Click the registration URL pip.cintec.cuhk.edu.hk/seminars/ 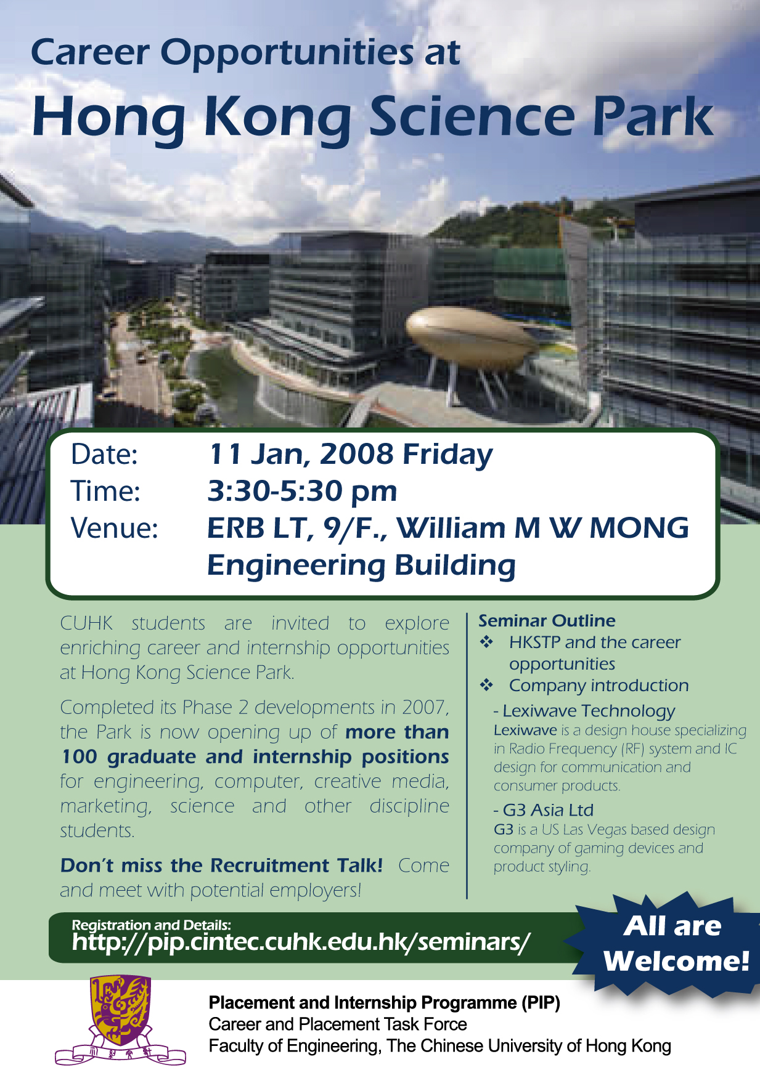pos(301,942)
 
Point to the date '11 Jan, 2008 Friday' pos(350,455)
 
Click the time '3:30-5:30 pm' pos(302,491)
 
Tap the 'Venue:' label pos(115,528)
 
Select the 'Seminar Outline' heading pos(547,620)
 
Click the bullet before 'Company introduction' pos(487,685)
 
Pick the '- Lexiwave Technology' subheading pos(584,711)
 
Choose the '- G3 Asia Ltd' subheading pos(543,810)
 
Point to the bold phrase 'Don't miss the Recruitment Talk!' pos(221,865)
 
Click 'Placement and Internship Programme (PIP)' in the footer pos(384,1003)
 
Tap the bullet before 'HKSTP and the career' pos(487,642)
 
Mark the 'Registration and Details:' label pos(151,924)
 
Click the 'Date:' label pos(104,455)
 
